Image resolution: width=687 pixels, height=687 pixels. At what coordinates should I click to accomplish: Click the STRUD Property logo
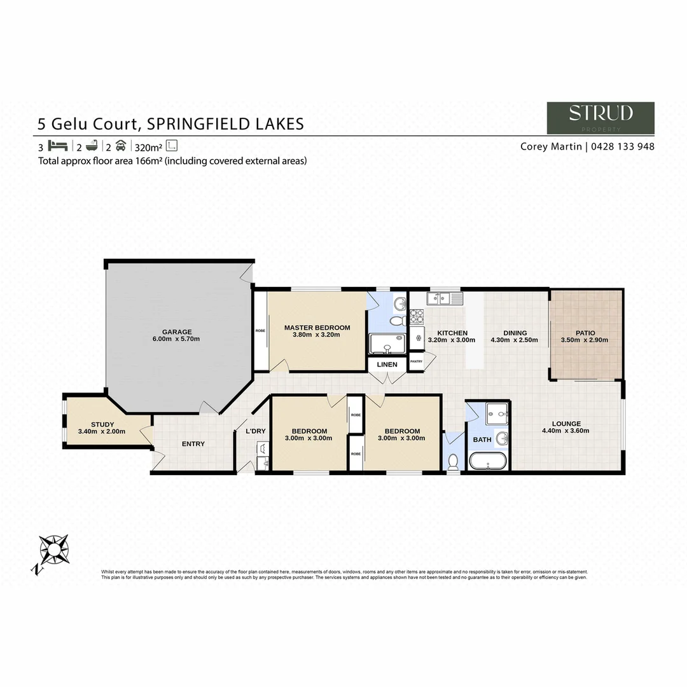point(600,118)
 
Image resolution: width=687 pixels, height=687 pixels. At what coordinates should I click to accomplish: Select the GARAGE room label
point(176,332)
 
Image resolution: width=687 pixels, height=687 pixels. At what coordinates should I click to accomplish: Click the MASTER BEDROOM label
point(317,328)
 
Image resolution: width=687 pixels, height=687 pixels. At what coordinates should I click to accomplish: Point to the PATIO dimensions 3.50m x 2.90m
point(584,340)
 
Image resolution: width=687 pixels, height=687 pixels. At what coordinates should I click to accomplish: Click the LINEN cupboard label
point(387,364)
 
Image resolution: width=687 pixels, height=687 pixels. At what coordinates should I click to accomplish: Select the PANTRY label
point(417,361)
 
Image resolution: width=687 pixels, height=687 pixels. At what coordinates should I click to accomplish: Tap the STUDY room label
point(102,424)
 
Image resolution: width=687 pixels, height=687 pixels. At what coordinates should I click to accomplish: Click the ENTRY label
point(193,444)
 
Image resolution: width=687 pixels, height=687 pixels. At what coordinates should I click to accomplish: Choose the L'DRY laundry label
point(255,432)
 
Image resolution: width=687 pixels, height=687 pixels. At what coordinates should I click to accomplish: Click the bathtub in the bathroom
point(487,461)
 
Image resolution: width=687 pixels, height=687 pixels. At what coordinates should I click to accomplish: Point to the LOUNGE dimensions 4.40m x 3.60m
point(566,431)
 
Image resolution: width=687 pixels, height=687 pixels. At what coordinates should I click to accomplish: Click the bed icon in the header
point(57,145)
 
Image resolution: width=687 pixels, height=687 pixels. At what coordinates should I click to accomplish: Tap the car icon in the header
point(120,145)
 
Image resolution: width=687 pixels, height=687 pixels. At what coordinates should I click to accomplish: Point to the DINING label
point(515,333)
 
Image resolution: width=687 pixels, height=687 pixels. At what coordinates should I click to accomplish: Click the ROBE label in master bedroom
point(260,331)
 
